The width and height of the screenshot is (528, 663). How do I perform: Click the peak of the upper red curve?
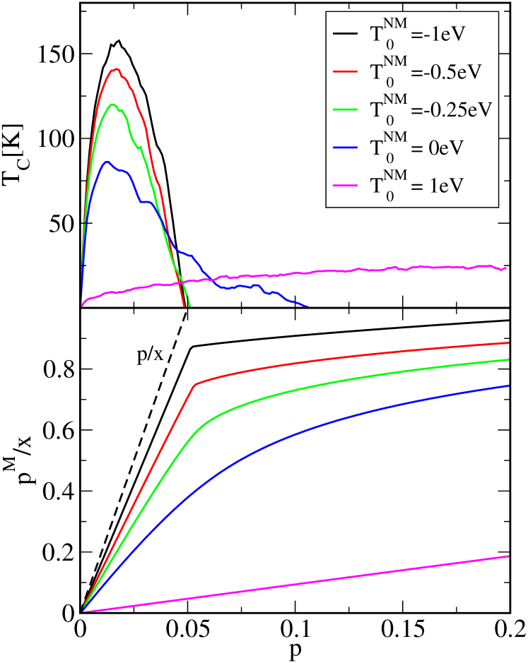point(117,68)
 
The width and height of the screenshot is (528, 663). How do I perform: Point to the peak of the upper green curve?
point(112,104)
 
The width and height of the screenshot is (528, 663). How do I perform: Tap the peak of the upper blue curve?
point(106,162)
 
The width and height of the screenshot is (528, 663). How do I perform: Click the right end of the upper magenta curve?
point(507,268)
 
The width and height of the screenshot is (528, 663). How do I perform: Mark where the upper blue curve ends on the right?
point(307,306)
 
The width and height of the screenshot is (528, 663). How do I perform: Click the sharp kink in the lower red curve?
point(195,385)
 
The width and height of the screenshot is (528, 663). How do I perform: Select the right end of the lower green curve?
point(509,359)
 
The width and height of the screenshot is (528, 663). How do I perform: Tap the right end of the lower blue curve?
point(509,386)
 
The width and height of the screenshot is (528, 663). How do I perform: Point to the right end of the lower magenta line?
point(509,556)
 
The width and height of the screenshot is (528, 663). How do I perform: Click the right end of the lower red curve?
point(509,342)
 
